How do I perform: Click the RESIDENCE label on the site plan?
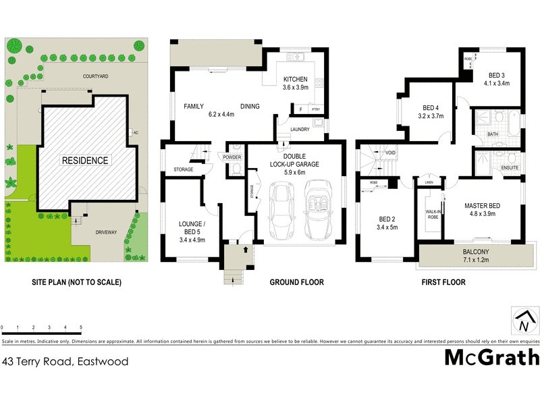pyautogui.click(x=84, y=161)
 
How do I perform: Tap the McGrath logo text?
pyautogui.click(x=491, y=357)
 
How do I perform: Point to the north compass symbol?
pyautogui.click(x=524, y=323)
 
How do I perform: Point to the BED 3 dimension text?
pyautogui.click(x=496, y=84)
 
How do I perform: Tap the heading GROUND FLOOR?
pyautogui.click(x=296, y=282)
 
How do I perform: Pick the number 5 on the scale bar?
pyautogui.click(x=81, y=327)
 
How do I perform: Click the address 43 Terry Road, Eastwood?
pyautogui.click(x=65, y=361)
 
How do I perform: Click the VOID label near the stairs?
pyautogui.click(x=391, y=153)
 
